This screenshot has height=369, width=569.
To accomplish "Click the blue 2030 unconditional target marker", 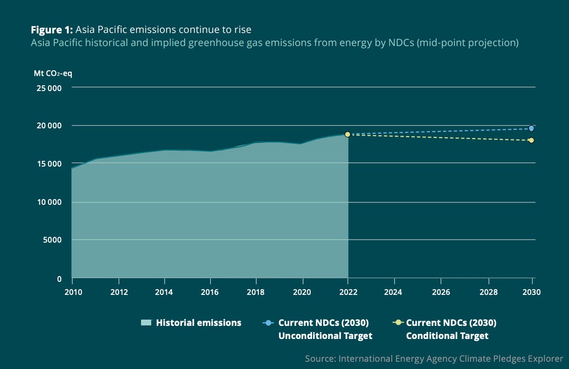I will point(531,128).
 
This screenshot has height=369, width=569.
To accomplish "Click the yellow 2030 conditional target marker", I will point(531,140).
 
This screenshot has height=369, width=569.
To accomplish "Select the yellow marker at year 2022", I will point(348,134).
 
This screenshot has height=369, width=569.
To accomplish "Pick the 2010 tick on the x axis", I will point(72,292).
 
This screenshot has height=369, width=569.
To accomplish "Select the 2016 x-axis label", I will point(210,292).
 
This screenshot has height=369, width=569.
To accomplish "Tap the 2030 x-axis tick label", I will point(532,292).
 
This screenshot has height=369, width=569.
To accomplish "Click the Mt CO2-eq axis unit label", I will point(53,74).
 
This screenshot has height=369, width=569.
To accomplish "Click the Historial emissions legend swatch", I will point(146,323).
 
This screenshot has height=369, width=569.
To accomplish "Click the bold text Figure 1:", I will point(52,30).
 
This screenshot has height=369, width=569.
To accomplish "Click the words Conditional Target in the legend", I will point(447,336).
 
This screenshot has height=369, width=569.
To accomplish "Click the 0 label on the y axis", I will point(59,279).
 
